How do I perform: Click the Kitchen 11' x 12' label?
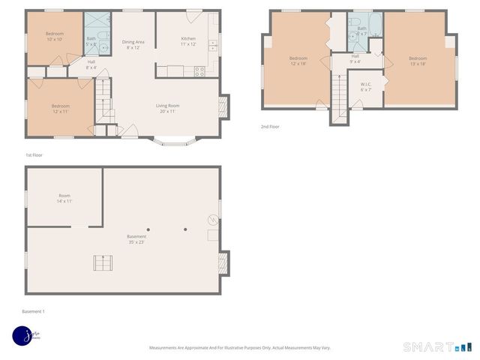tap(187, 42)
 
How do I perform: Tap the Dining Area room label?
tap(133, 44)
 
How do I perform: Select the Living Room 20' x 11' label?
tap(167, 108)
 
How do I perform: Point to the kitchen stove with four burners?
tap(199, 72)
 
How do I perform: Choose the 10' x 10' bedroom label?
tap(55, 37)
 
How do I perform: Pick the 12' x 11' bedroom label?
tap(61, 109)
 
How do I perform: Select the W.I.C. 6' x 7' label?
tap(367, 86)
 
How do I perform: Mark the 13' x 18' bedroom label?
tap(418, 61)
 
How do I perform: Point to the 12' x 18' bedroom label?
tap(298, 61)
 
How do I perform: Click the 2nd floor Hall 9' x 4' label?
tap(355, 58)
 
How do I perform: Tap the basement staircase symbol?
tap(102, 263)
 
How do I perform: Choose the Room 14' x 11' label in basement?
tap(64, 199)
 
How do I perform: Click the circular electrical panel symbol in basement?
tap(212, 220)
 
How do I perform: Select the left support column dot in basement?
tap(148, 229)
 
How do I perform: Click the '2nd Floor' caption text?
tap(271, 127)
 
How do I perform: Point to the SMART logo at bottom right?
tap(437, 346)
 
